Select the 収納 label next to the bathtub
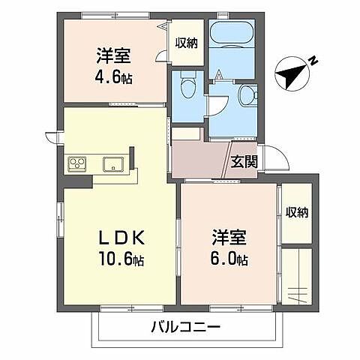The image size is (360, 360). tap(186, 43)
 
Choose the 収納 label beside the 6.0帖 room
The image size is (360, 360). tap(297, 212)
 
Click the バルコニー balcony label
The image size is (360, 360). tap(184, 328)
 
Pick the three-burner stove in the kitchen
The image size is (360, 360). tap(79, 163)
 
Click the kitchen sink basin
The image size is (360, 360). tap(113, 163)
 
